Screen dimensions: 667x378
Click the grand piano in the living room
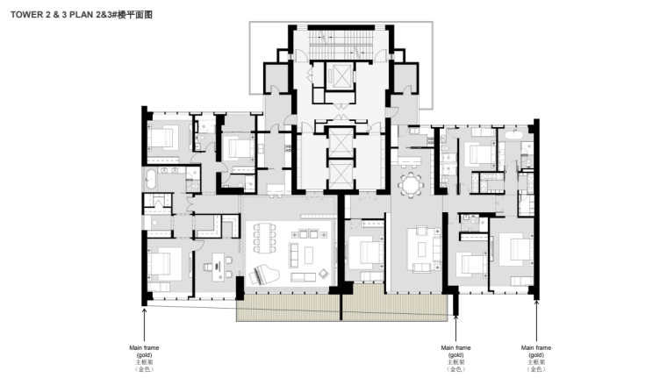(263, 275)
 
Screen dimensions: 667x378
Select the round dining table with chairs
(411, 185)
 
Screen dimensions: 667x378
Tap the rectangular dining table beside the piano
(264, 238)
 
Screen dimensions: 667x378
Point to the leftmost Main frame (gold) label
(144, 359)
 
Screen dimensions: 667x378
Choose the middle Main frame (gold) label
(455, 359)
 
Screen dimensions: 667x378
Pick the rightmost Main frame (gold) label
(536, 359)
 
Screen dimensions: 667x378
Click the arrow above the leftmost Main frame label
(144, 325)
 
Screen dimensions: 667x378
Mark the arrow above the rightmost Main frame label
(536, 321)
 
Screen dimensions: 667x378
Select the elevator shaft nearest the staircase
(340, 76)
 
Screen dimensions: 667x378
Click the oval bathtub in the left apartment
(151, 180)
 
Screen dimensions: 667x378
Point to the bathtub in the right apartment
(516, 135)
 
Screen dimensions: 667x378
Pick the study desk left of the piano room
(219, 267)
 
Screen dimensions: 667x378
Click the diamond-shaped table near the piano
(324, 274)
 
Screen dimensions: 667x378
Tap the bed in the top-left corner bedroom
(163, 138)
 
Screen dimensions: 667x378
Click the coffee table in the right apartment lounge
(421, 249)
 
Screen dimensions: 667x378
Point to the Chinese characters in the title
(135, 15)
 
